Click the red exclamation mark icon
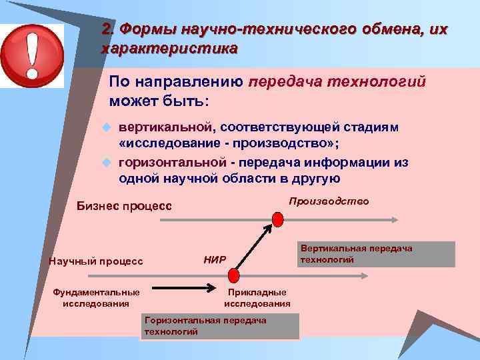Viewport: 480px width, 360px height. click(32, 51)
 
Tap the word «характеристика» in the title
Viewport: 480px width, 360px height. click(169, 49)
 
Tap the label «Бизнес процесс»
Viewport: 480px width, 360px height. click(125, 207)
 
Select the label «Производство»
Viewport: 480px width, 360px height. click(329, 201)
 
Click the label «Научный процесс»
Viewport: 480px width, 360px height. click(96, 261)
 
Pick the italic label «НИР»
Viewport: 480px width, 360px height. click(214, 259)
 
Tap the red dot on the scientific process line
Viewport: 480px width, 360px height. click(233, 274)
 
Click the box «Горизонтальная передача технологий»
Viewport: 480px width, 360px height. click(220, 326)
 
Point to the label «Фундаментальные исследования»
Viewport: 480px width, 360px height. click(96, 298)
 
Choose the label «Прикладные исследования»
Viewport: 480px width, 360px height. click(257, 298)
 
